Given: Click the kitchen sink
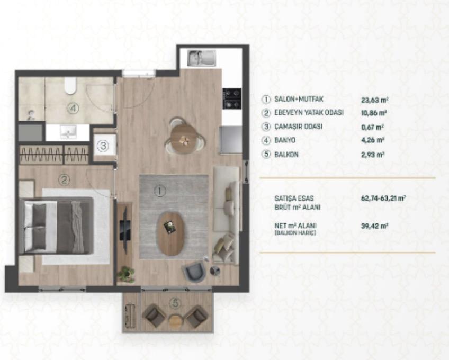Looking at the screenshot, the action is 202,58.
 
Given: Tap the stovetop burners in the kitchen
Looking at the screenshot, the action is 232,99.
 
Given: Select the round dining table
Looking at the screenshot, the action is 184,139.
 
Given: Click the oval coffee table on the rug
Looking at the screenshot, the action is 171,233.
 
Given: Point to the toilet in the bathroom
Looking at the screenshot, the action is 70,86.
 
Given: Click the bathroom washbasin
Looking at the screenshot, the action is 68,132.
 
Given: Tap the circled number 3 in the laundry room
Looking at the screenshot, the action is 103,146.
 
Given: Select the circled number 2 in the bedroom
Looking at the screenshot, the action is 64,180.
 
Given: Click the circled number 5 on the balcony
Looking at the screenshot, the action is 175,302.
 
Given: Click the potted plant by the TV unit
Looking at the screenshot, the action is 126,274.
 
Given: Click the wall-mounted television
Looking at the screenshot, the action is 125,230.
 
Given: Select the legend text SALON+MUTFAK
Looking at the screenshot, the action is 299,99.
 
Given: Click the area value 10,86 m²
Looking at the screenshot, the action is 374,113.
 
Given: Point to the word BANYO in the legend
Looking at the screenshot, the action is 285,140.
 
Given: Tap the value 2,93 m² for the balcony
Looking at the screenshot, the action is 373,155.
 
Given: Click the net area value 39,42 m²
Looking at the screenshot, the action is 374,226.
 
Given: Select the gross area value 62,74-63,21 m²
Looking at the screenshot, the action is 383,198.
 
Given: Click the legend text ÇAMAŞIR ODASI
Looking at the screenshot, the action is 299,127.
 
